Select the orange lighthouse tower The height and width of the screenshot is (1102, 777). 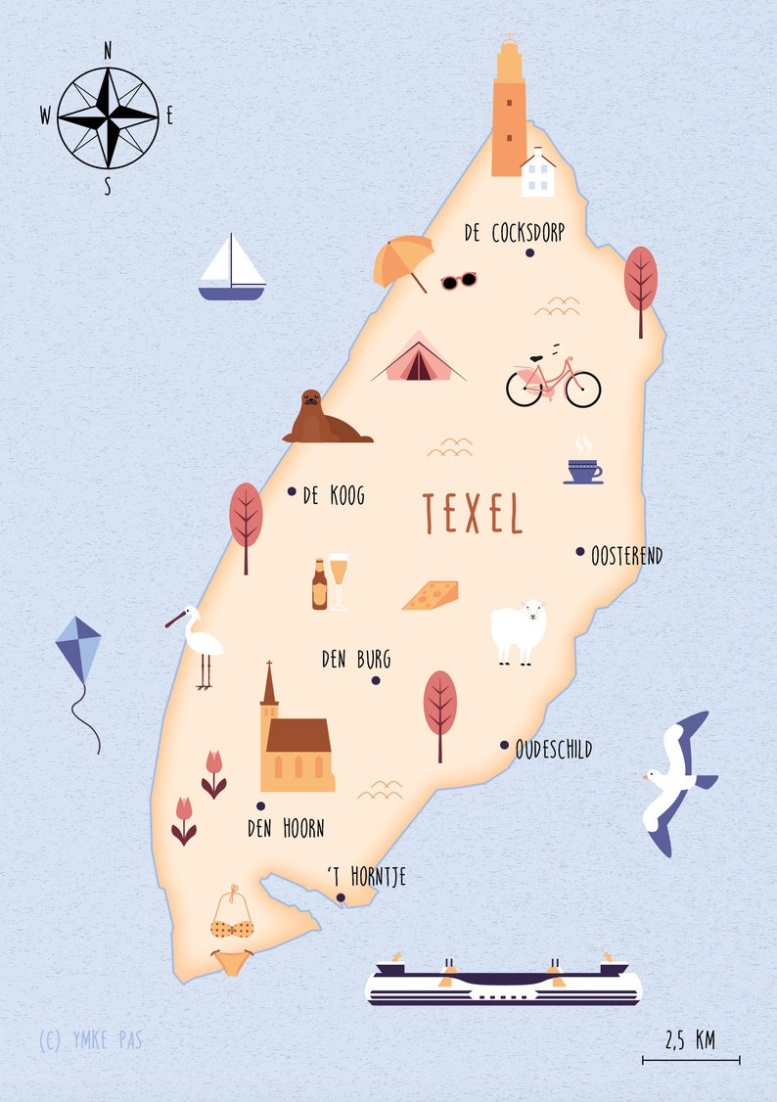coord(508,113)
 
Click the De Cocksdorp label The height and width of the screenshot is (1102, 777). coord(514,233)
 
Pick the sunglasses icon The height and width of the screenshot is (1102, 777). coord(458,281)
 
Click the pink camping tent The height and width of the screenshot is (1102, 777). coord(418,358)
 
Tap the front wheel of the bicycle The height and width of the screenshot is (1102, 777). coord(581,389)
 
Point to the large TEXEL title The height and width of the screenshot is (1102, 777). coord(473,514)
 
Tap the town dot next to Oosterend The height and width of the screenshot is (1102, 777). coord(580,551)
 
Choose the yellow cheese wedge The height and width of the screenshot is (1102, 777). coord(431,595)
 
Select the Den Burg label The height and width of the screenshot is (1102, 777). coord(355,660)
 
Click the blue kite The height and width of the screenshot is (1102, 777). coord(78,651)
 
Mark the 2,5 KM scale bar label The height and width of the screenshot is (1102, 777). coord(690,1039)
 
